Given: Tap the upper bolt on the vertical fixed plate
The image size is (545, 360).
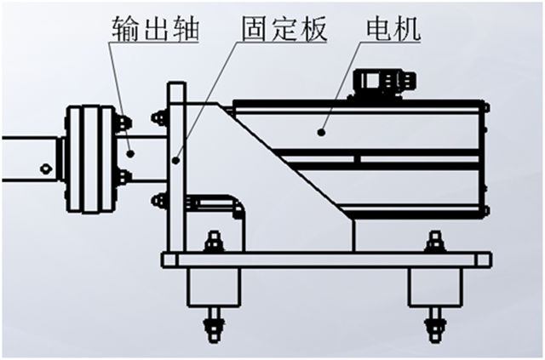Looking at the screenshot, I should (x=159, y=117).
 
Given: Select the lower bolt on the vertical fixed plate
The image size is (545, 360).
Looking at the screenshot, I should (x=159, y=201).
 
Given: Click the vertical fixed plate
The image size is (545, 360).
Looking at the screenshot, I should (x=176, y=170).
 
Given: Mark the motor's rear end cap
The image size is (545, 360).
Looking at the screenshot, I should (x=482, y=162).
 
